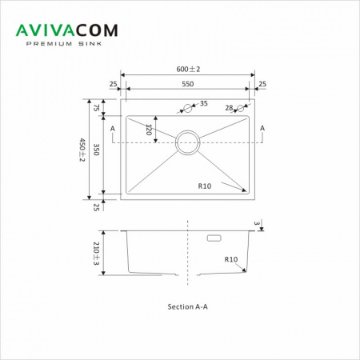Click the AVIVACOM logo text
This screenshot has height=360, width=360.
[x=66, y=30]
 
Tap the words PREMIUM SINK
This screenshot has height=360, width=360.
[x=64, y=44]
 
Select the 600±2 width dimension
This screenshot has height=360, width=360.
[x=188, y=69]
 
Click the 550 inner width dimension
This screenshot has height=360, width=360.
[x=188, y=84]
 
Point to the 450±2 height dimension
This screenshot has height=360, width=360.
[x=82, y=150]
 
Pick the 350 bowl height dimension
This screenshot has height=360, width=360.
[x=96, y=150]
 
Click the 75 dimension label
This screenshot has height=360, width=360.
[x=96, y=108]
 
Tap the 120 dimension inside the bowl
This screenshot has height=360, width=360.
[x=149, y=130]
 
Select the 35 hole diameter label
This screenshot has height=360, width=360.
[x=204, y=103]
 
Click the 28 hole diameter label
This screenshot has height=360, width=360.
[x=229, y=108]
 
